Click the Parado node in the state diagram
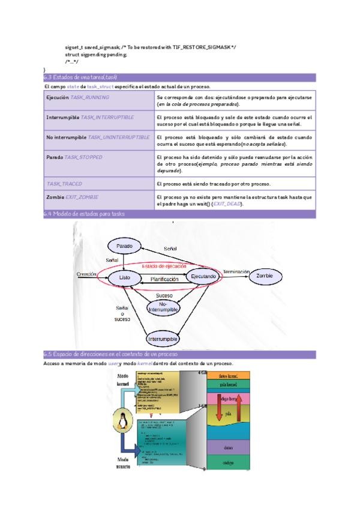coord(124,246)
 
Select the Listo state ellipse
coord(125,277)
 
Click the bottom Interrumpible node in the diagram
coord(163,339)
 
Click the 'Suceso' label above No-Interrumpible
coord(164,295)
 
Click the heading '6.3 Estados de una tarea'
coord(80,78)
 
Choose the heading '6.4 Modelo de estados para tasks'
coord(84,214)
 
